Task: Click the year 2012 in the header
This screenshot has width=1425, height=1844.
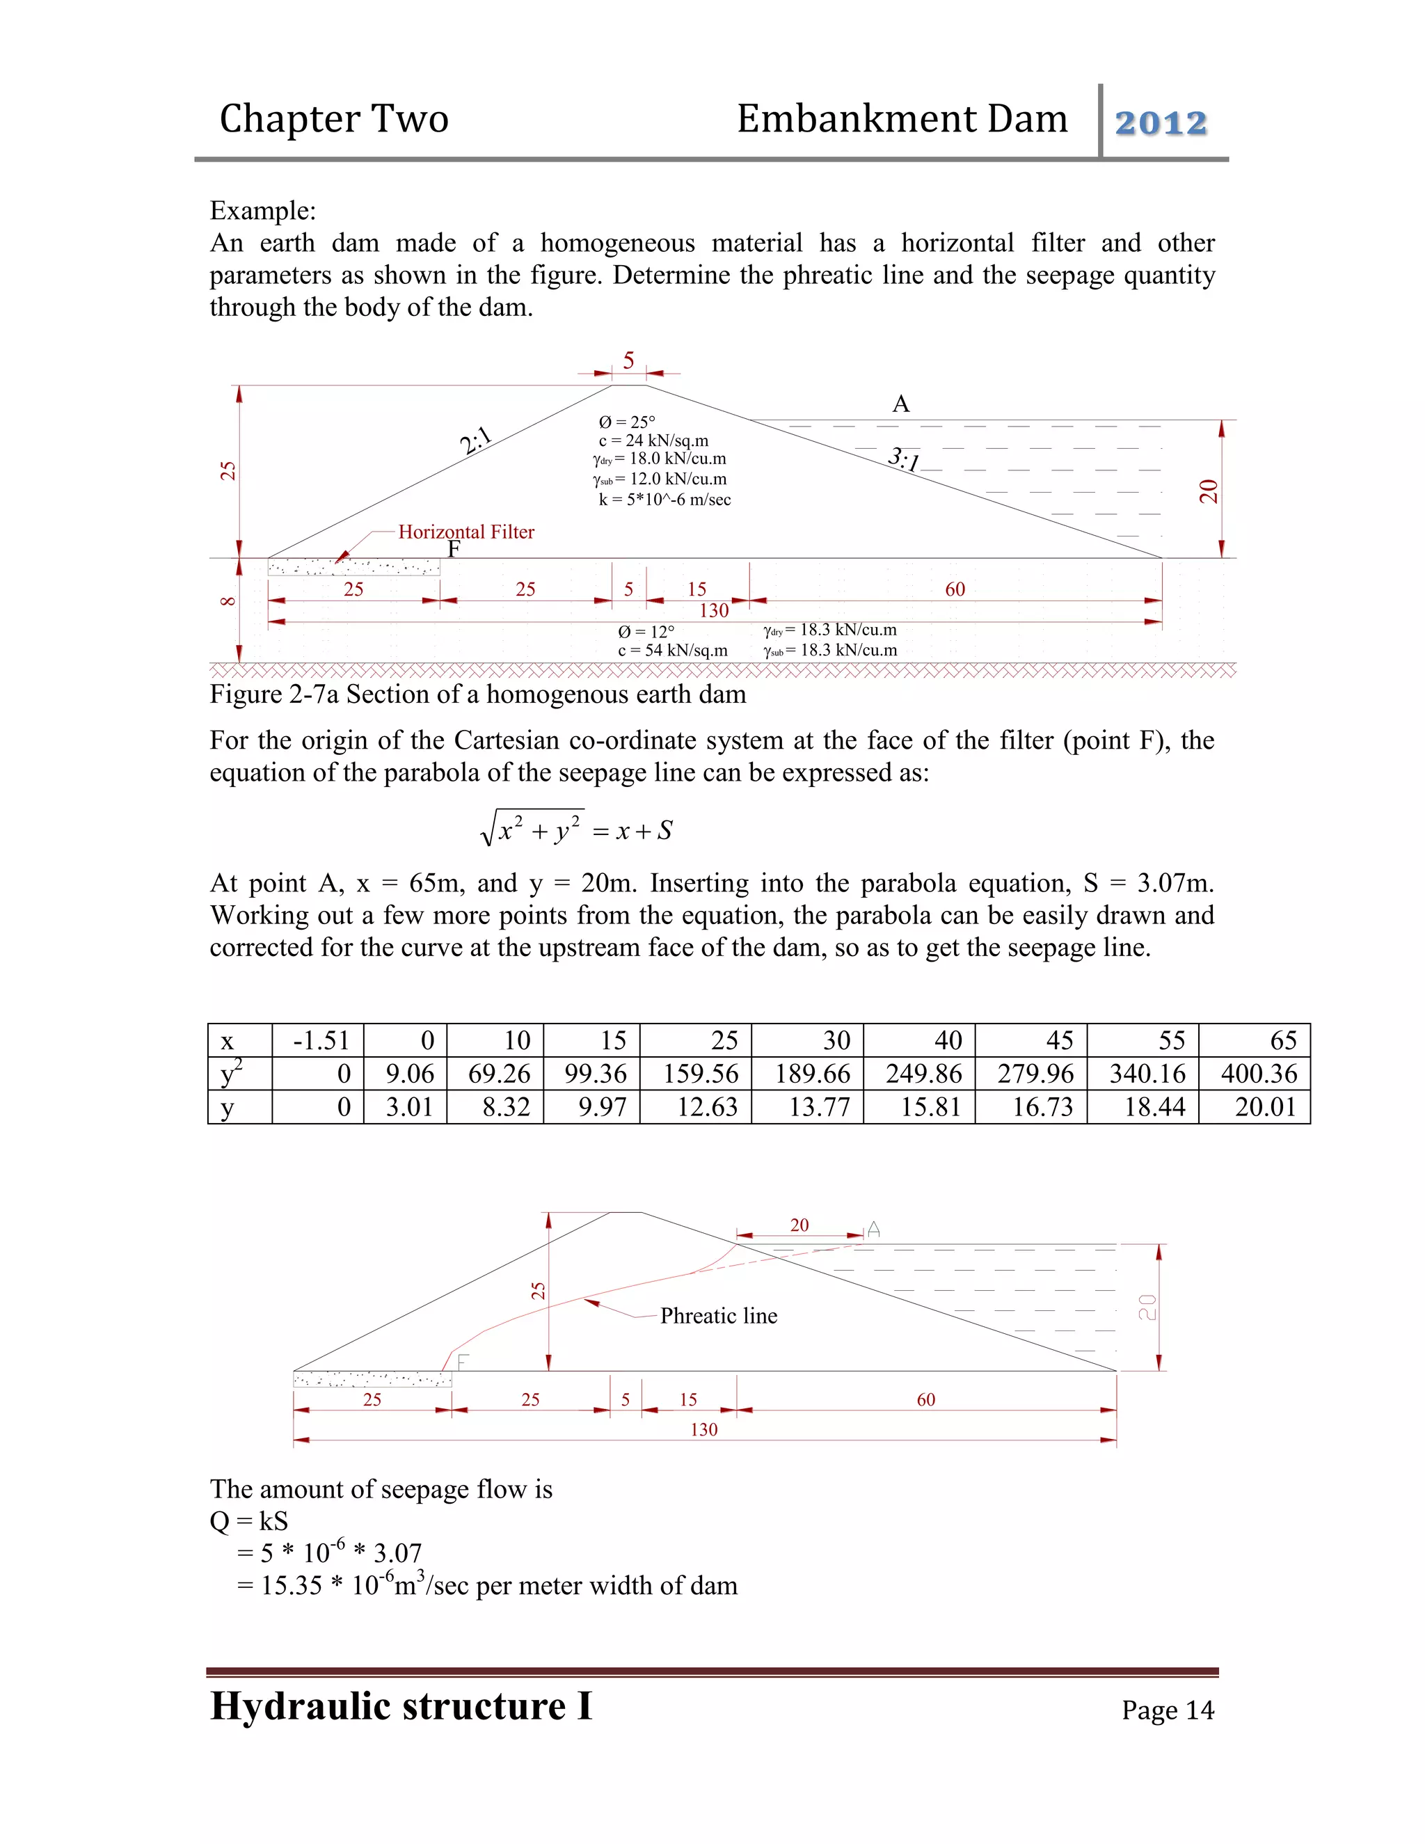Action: click(1161, 123)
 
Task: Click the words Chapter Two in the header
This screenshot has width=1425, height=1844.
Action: click(333, 119)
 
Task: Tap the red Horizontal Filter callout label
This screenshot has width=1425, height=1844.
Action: click(466, 532)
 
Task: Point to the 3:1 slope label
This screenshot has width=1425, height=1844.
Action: click(903, 459)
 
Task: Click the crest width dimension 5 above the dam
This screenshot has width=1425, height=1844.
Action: click(628, 361)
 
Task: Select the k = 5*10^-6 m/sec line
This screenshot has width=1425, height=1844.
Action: click(664, 500)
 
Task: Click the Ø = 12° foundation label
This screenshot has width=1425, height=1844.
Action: click(646, 632)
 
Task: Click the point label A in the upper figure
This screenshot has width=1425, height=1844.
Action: click(901, 404)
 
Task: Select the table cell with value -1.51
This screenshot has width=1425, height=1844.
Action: click(321, 1040)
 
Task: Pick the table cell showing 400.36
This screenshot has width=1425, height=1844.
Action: click(1258, 1074)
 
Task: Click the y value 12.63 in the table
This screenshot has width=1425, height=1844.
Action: click(707, 1107)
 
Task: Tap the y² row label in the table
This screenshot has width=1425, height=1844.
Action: click(230, 1074)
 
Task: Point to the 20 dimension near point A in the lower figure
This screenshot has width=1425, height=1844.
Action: click(799, 1225)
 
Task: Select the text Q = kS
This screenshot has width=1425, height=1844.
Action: click(249, 1521)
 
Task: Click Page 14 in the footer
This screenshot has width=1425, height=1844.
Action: click(1168, 1710)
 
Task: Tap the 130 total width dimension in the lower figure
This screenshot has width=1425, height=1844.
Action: click(703, 1429)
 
